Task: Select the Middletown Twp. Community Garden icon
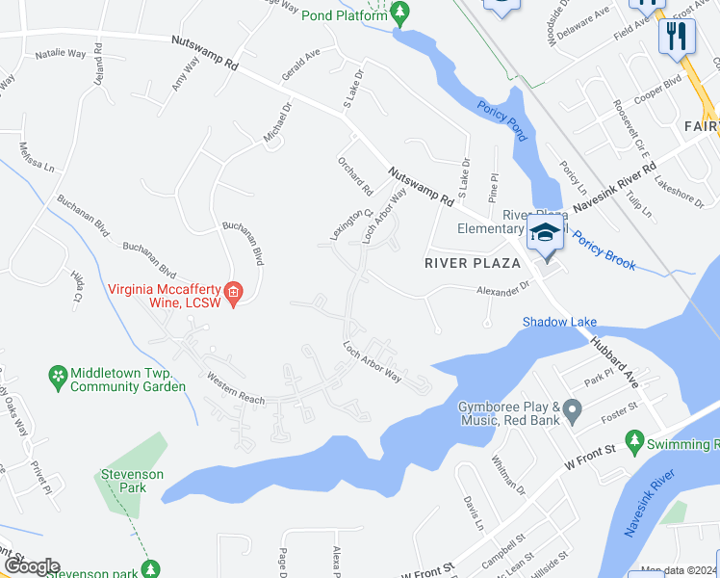59,374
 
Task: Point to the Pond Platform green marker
400,12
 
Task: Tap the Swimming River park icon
633,441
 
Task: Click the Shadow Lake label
559,322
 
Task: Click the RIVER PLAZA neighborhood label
474,262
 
